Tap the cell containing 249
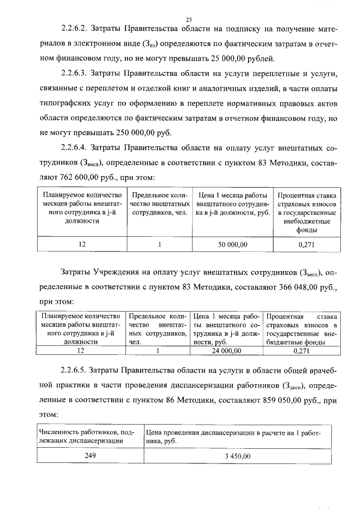click(90, 456)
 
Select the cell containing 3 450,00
click(237, 456)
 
